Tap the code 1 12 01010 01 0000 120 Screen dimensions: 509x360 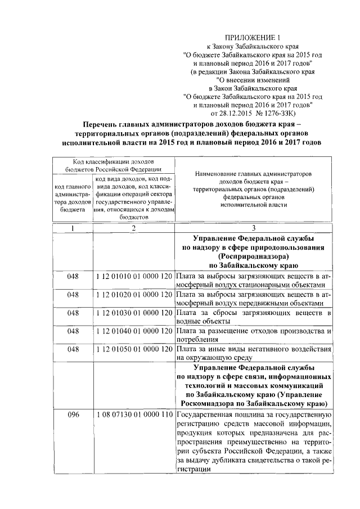134,277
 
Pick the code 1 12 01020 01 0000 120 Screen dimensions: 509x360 134,294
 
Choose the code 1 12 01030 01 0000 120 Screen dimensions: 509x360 134,312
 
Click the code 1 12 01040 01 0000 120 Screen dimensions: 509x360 134,331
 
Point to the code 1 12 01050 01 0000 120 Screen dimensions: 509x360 134,349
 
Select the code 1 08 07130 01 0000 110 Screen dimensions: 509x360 134,415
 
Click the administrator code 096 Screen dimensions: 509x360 73,415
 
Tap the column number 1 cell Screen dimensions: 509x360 73,228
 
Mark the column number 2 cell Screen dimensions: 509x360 134,228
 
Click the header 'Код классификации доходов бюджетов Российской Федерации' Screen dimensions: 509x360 114,165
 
